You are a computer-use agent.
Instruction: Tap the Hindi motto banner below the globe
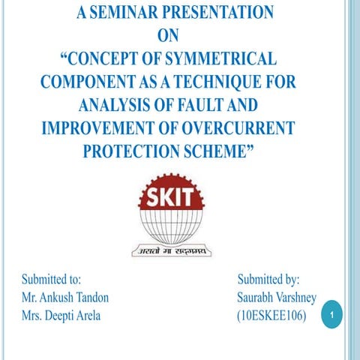pyautogui.click(x=172, y=250)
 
